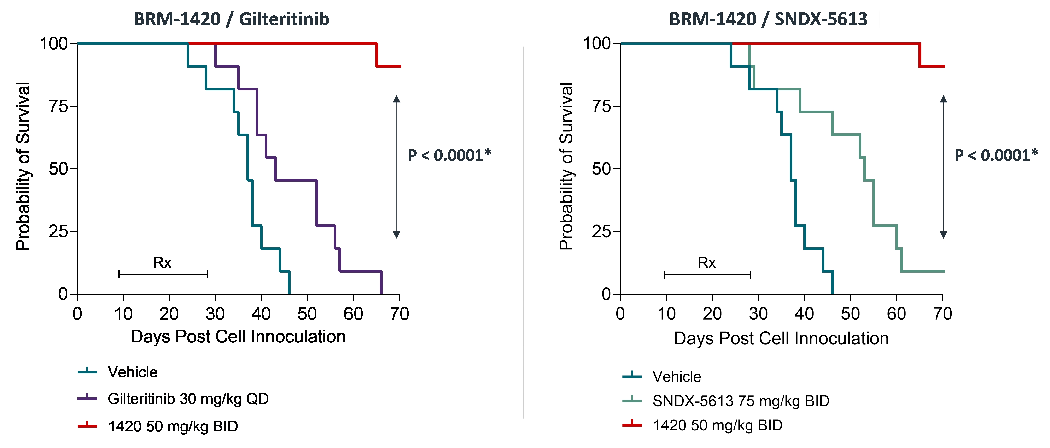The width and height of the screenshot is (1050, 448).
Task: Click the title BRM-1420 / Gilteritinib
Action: [231, 19]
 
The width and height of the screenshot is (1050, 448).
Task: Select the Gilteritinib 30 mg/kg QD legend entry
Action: [188, 399]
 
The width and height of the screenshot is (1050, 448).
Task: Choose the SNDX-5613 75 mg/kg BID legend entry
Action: [741, 401]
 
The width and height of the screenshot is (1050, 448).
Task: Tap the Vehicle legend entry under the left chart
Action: [133, 372]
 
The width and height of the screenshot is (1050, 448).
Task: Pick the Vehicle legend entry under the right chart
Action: [677, 377]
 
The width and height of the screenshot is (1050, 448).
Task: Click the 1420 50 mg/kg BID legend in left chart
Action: [173, 426]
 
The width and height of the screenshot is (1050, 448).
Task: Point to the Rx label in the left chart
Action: [162, 263]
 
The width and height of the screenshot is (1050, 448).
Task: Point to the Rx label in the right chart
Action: [706, 263]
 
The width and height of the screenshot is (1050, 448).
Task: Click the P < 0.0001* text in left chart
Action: [449, 155]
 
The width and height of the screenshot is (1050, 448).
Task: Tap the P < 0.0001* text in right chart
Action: [996, 155]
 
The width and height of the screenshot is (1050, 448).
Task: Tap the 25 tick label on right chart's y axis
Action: [601, 231]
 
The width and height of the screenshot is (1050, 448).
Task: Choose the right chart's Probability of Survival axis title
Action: [566, 166]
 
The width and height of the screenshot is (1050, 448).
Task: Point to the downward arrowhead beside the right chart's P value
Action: [943, 235]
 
